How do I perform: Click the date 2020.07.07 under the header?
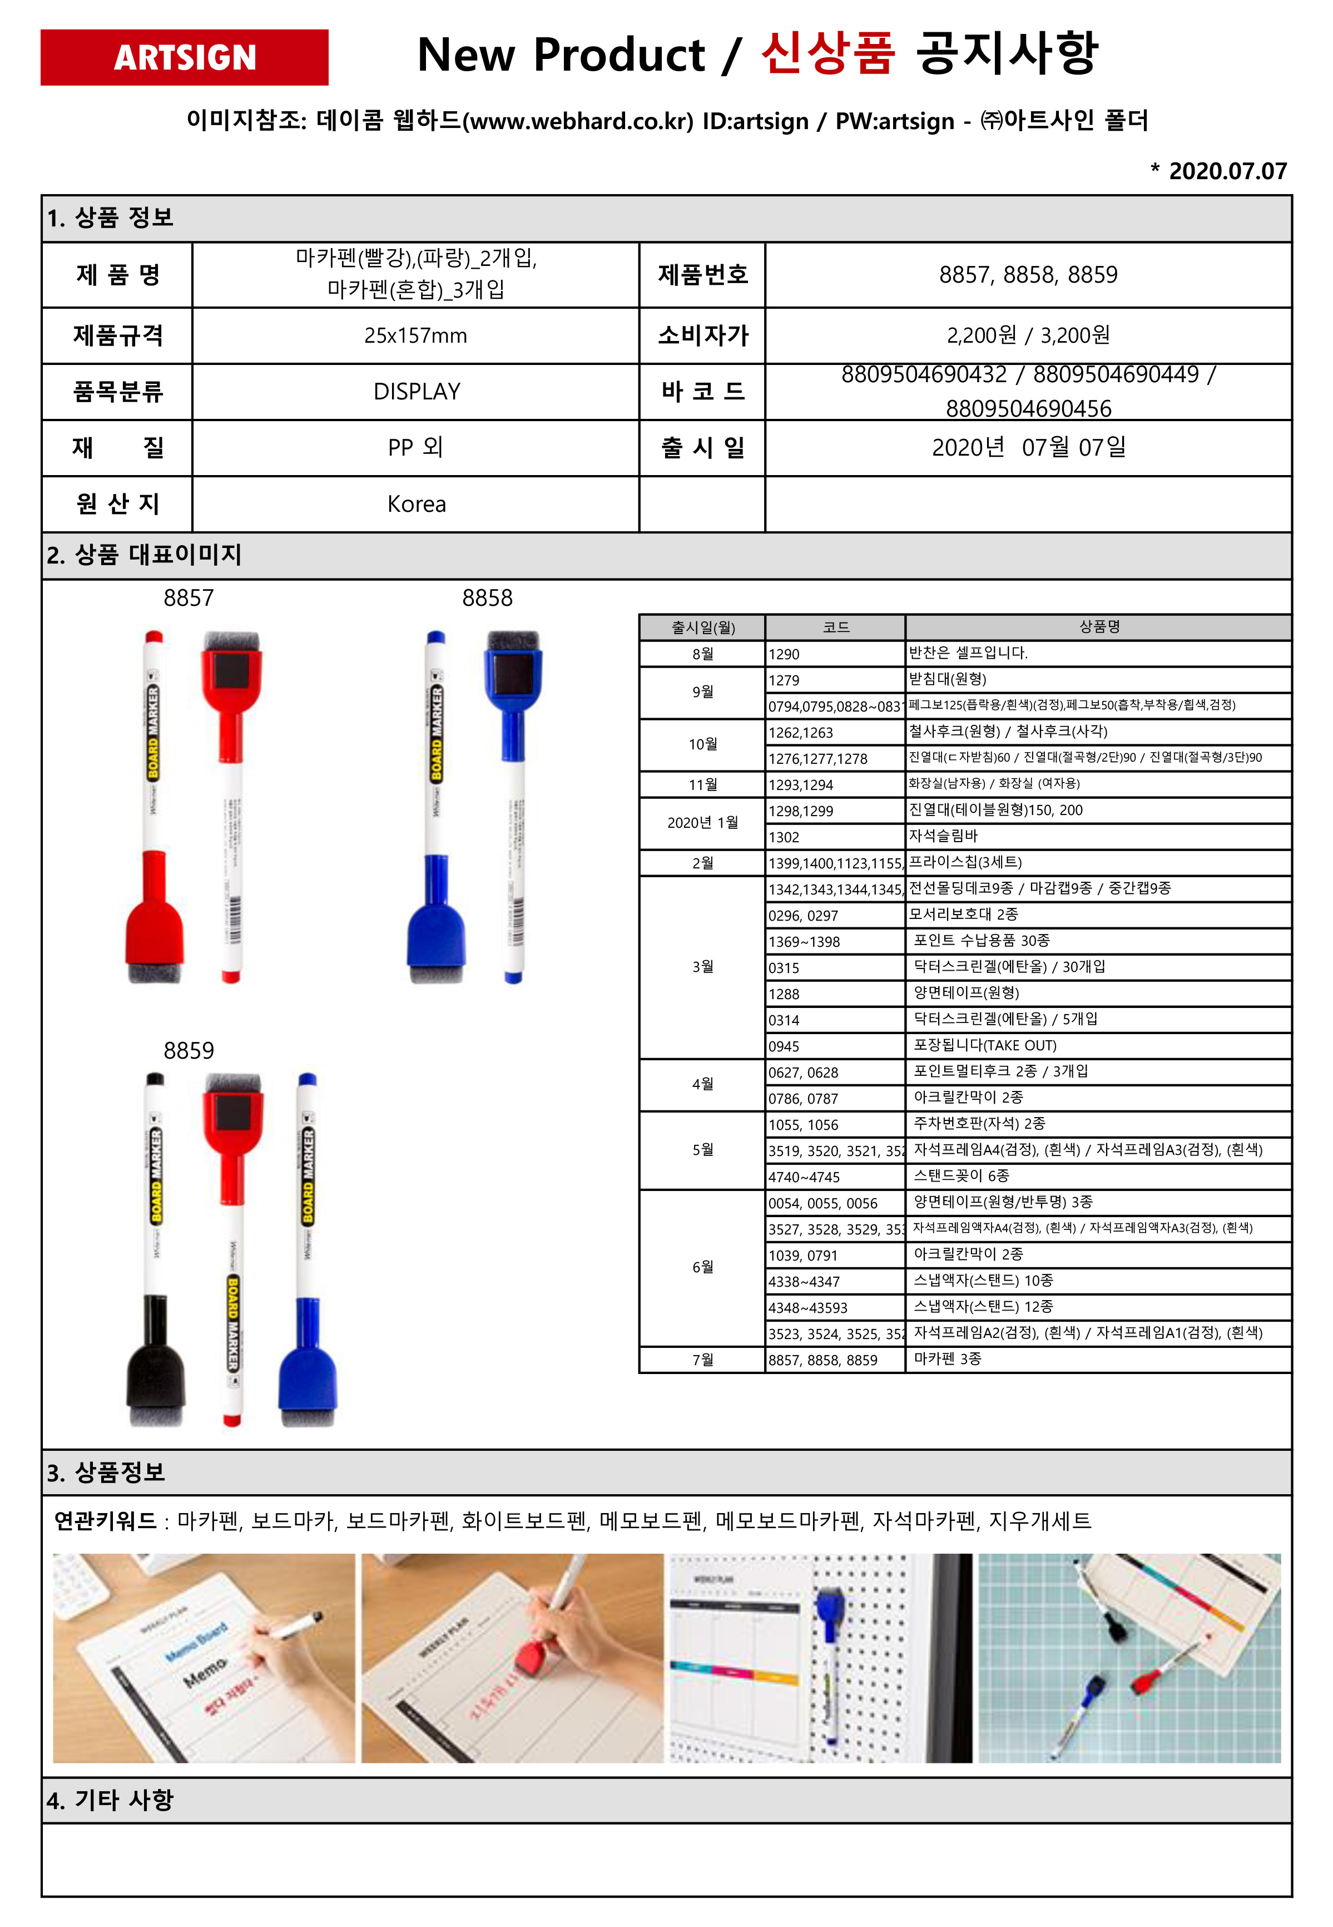[1226, 171]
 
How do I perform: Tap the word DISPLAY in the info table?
[416, 392]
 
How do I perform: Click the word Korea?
[416, 505]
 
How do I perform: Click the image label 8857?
[189, 598]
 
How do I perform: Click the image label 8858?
[487, 598]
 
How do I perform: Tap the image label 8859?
[189, 1051]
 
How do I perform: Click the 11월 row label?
[702, 784]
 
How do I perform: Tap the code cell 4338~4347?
[804, 1281]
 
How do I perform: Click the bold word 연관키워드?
[105, 1521]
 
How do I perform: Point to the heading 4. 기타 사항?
[110, 1800]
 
